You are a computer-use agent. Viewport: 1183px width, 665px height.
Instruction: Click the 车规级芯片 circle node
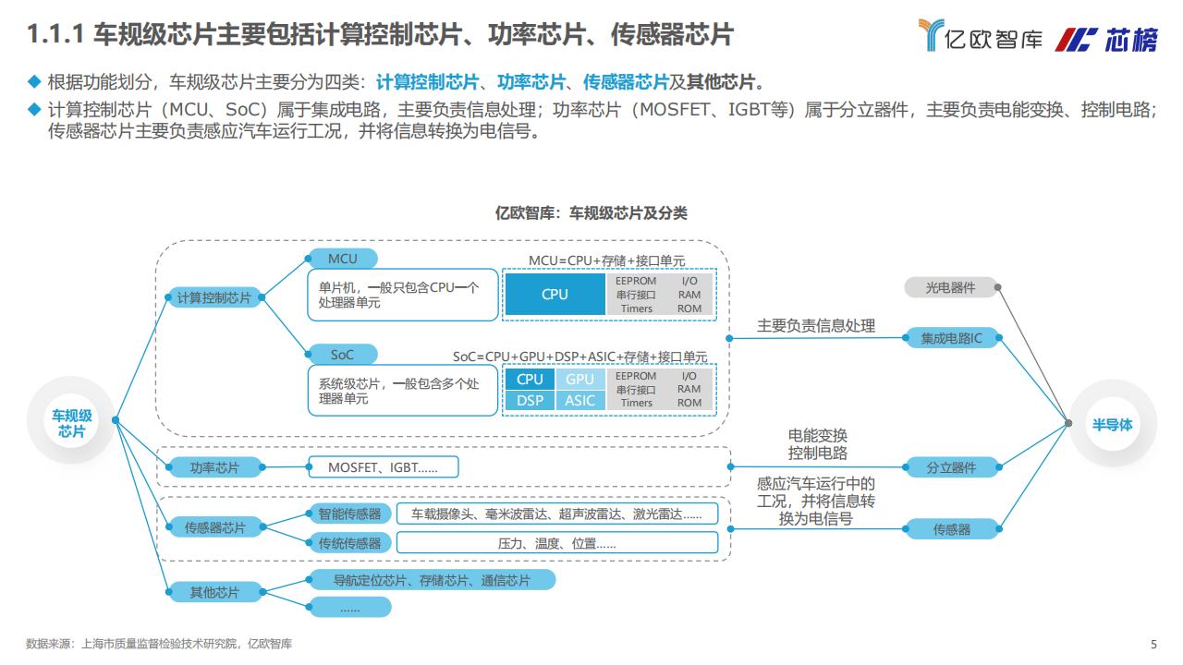coord(71,420)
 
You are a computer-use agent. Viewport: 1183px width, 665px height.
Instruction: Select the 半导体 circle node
coord(1112,424)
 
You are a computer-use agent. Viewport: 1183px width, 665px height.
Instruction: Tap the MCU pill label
coord(343,259)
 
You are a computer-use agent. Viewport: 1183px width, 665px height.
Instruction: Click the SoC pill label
coord(343,355)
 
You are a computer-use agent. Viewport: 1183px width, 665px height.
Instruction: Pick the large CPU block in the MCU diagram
coord(555,294)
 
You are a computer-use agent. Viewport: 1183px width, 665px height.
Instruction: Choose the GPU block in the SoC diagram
coord(579,379)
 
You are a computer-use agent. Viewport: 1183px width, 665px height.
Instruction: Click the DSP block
coord(530,401)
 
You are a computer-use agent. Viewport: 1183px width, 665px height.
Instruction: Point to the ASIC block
coord(579,401)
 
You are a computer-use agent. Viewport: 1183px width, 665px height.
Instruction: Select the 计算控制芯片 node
coord(214,297)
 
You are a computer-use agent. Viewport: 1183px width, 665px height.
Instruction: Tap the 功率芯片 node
coord(214,467)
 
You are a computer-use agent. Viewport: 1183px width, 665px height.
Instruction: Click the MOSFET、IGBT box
coord(384,467)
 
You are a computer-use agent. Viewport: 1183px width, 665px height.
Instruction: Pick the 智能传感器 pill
coord(349,514)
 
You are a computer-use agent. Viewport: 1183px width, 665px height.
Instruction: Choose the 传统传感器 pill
coord(349,543)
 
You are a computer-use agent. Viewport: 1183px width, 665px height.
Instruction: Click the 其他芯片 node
coord(214,592)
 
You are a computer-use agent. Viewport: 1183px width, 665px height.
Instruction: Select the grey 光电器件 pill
coord(951,287)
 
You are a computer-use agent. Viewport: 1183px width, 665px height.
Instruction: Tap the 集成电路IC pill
coord(952,338)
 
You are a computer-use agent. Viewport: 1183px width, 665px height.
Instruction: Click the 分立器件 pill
coord(952,467)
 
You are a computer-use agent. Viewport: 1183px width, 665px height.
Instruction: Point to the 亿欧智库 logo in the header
coord(981,36)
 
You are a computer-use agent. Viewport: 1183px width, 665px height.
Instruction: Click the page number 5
coord(1153,644)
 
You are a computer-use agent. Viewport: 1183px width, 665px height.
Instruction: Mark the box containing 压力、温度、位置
coord(557,543)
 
